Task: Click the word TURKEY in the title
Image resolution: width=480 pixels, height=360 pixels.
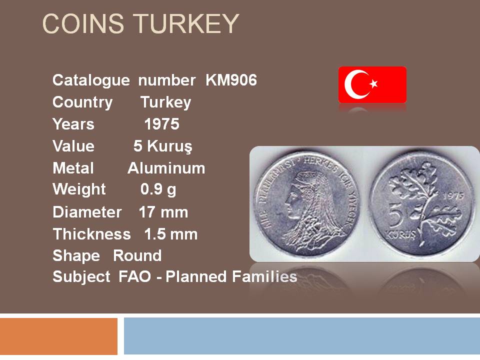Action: (x=186, y=23)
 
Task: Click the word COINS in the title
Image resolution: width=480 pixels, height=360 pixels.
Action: (x=83, y=23)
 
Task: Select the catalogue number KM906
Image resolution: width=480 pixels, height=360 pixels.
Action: (x=231, y=80)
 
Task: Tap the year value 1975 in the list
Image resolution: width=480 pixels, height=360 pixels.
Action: (x=161, y=124)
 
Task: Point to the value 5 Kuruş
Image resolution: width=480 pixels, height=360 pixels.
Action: (x=163, y=146)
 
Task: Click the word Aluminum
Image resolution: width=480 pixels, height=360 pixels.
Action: (x=166, y=168)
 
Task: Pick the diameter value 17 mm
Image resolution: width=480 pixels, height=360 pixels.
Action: (x=163, y=212)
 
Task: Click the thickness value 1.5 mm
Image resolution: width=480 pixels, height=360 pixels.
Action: (x=171, y=234)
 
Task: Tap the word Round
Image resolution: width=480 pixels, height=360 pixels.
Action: (x=137, y=255)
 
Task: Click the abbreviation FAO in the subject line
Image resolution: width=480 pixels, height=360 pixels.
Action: (x=134, y=276)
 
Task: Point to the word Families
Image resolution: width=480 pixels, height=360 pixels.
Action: (x=264, y=276)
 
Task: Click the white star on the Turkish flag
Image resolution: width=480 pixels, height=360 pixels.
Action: (x=373, y=83)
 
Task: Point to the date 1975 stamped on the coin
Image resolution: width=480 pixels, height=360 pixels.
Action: (x=453, y=195)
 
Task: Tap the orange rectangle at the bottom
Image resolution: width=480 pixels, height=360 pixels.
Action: (x=58, y=336)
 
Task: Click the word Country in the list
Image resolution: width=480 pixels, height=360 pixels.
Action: (x=82, y=102)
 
